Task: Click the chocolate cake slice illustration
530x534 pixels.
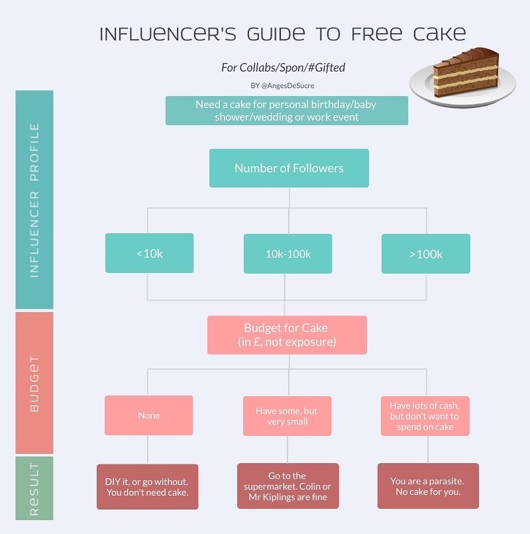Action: [x=465, y=73]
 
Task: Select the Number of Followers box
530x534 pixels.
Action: [x=289, y=168]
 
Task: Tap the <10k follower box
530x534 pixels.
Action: [x=149, y=253]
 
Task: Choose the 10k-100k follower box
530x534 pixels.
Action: [x=288, y=254]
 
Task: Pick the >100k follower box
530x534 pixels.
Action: [x=426, y=254]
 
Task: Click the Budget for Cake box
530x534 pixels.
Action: [x=286, y=335]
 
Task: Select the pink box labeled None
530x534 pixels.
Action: [x=148, y=415]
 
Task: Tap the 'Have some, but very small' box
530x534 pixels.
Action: [x=287, y=416]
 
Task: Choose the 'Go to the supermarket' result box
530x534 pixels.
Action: [x=288, y=486]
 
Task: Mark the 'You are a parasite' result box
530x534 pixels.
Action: [x=428, y=486]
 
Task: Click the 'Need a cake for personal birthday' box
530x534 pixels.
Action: [x=286, y=110]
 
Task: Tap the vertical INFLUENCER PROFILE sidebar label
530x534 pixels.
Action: [x=34, y=199]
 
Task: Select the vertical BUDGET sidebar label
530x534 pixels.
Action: [x=34, y=383]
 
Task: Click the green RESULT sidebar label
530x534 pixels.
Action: [x=34, y=488]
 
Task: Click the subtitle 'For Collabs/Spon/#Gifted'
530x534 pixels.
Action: [x=283, y=68]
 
